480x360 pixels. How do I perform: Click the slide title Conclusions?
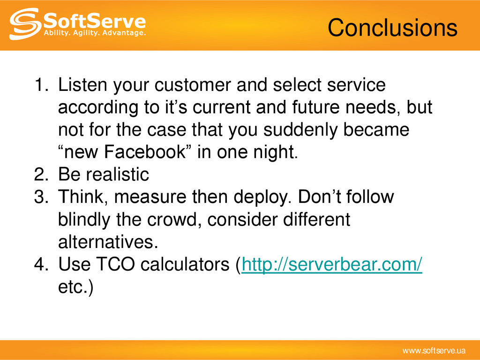click(x=392, y=28)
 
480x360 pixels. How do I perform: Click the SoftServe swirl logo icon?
click(x=25, y=24)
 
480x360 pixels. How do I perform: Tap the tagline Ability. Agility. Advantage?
click(x=95, y=32)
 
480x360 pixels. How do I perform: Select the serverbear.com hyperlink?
click(x=332, y=264)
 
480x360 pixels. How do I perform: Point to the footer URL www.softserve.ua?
click(x=434, y=351)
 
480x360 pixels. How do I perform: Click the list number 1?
click(x=41, y=84)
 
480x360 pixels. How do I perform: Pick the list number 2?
click(x=41, y=174)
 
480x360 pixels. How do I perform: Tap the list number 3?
click(x=41, y=196)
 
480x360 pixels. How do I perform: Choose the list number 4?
click(x=41, y=264)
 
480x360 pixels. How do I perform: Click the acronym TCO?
click(x=115, y=264)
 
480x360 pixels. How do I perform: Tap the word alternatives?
click(x=108, y=241)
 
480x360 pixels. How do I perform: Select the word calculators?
click(x=185, y=264)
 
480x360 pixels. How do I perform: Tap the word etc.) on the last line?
click(x=75, y=287)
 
